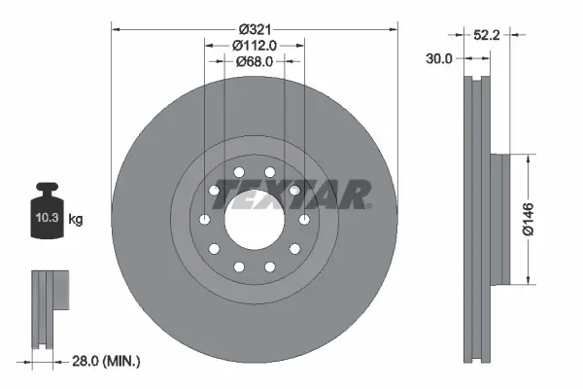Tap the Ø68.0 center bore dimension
tap(255, 60)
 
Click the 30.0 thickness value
tap(440, 59)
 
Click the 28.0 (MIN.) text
tap(107, 361)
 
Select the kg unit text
tap(75, 220)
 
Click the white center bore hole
tap(255, 219)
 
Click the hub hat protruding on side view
tap(498, 219)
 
